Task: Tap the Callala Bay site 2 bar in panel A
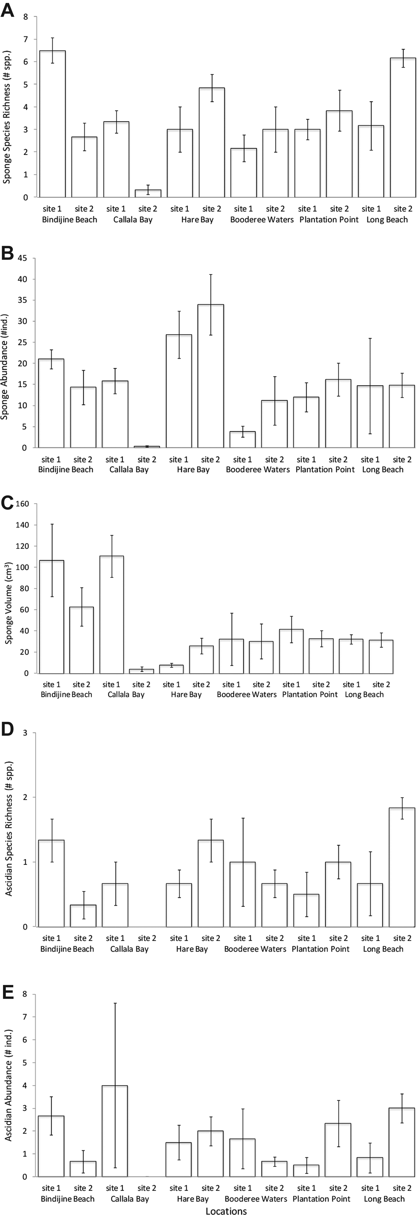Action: click(x=148, y=193)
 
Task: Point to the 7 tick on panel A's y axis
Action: click(x=25, y=39)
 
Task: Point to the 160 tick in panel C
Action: click(x=22, y=504)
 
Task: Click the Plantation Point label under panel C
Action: click(x=310, y=694)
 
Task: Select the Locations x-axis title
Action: click(x=226, y=1210)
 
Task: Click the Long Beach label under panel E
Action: click(x=384, y=1199)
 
